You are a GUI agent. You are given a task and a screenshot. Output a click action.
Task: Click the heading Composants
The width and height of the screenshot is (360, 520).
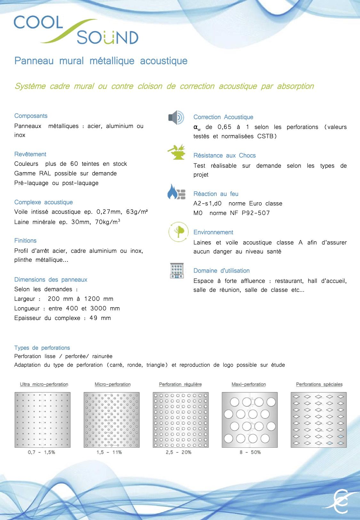click(31, 116)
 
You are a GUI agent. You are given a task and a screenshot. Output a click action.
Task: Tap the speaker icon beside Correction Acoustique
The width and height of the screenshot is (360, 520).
click(176, 118)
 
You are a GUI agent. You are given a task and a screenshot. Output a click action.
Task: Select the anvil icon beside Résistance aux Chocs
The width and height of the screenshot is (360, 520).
click(176, 152)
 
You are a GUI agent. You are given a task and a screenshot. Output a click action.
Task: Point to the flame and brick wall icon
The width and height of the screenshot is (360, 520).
click(176, 192)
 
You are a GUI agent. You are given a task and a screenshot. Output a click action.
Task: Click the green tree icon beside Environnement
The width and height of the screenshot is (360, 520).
click(178, 232)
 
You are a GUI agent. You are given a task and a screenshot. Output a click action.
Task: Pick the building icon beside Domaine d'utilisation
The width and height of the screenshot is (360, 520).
click(177, 270)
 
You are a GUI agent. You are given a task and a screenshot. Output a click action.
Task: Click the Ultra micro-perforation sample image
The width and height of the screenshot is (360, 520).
click(43, 420)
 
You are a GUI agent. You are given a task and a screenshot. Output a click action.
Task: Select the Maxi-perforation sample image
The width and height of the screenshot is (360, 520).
click(250, 420)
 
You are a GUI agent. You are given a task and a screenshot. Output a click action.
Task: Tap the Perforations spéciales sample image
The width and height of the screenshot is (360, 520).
click(319, 420)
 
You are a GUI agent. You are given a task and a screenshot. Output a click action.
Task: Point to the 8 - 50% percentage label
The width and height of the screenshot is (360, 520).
click(250, 452)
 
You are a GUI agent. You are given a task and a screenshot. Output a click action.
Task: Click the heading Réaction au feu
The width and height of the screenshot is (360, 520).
click(216, 194)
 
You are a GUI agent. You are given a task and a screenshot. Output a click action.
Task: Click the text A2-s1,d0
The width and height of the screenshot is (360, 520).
click(207, 204)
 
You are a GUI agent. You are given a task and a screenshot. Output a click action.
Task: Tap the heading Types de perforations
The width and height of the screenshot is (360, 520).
click(42, 348)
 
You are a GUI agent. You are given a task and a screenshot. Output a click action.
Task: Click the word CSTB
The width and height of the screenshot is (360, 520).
click(265, 136)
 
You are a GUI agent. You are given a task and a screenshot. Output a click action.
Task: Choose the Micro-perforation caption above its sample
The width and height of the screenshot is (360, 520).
click(113, 384)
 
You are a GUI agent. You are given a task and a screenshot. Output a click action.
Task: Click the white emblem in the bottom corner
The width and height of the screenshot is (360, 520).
click(340, 501)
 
